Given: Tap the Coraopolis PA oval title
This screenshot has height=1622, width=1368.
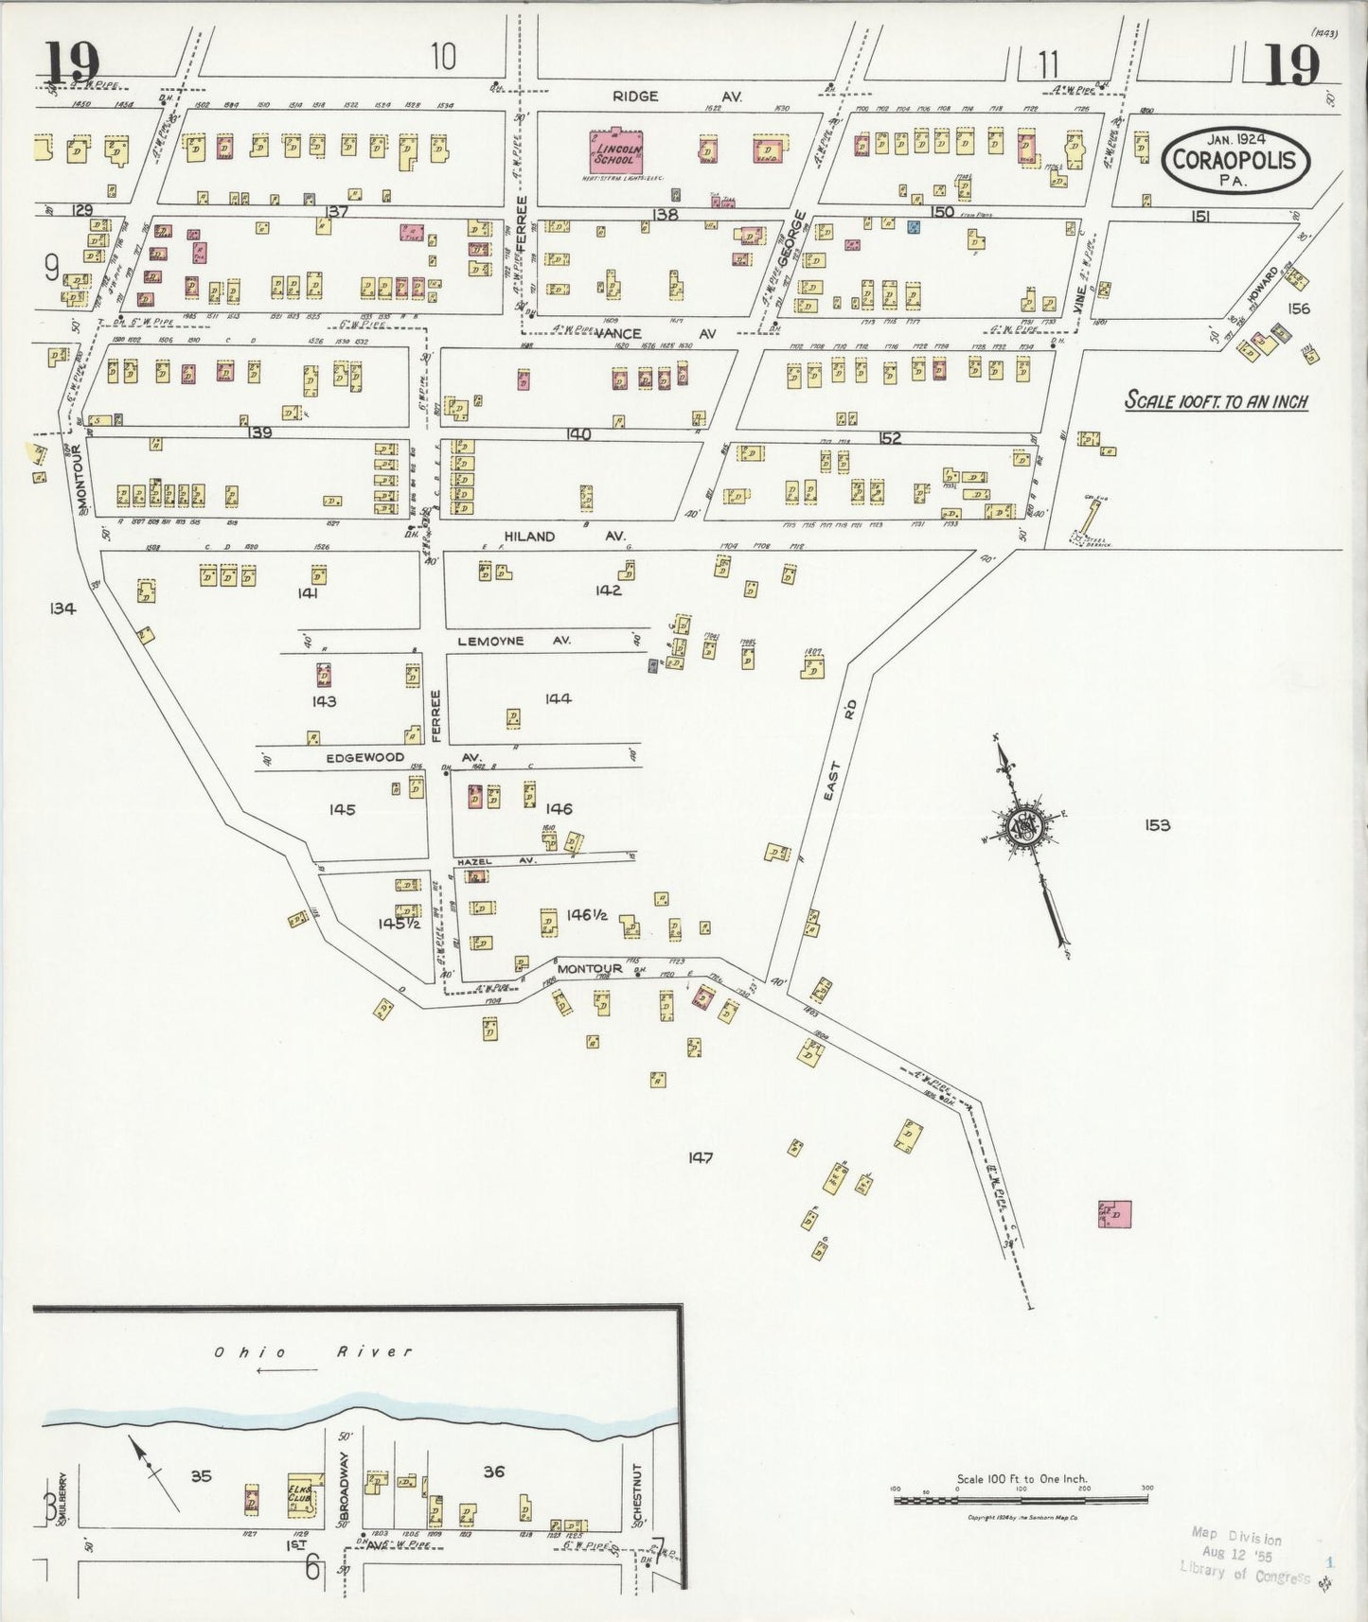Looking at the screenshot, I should (1235, 159).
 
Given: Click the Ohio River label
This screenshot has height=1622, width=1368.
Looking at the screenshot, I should (312, 1351).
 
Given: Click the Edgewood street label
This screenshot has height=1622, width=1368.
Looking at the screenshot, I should (364, 758).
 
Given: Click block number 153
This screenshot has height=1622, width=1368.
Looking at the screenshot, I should (1157, 825).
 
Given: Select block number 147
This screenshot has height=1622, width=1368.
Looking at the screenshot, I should (701, 1157).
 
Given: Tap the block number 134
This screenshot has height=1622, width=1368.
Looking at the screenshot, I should (63, 608).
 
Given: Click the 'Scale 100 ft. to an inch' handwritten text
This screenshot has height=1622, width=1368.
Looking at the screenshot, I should (1216, 401).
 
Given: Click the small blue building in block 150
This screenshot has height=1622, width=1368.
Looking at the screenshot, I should (914, 227).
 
